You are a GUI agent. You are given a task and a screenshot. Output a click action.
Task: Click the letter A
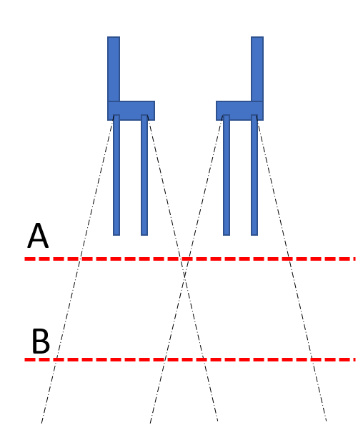point(38,236)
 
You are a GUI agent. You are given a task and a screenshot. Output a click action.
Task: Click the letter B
point(41,341)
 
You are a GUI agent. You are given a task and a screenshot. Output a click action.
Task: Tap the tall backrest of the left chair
point(114,69)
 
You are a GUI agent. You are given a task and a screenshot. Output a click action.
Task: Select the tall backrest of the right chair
point(257,69)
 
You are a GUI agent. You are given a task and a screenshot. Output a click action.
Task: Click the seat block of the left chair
point(131,111)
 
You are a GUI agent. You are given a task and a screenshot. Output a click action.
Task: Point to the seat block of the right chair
point(240,111)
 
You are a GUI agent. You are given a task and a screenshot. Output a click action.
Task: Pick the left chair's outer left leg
point(116,175)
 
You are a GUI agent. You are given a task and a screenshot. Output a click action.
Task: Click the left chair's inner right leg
point(144,175)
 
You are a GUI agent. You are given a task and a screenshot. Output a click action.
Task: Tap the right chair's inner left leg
point(227,175)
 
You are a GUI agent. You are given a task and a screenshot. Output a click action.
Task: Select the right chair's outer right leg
point(254,175)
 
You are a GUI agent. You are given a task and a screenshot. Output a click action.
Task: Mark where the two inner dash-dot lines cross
point(184,277)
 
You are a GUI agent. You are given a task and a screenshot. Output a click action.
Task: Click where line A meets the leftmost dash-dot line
point(80,259)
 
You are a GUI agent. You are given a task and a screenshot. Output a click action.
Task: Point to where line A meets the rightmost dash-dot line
point(289,259)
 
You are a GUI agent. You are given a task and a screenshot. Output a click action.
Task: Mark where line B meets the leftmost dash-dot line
point(56,359)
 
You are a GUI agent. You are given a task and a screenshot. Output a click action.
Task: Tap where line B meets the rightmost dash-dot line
point(312,359)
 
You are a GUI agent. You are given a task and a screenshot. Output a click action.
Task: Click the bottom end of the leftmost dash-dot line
point(41,423)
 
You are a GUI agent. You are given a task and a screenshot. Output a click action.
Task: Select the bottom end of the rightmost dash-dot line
point(327,421)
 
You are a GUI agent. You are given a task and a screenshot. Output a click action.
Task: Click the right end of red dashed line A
point(355,259)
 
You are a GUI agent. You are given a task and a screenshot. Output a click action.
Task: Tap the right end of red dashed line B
point(355,359)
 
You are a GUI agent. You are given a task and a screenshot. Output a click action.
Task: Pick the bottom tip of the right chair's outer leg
point(254,236)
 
